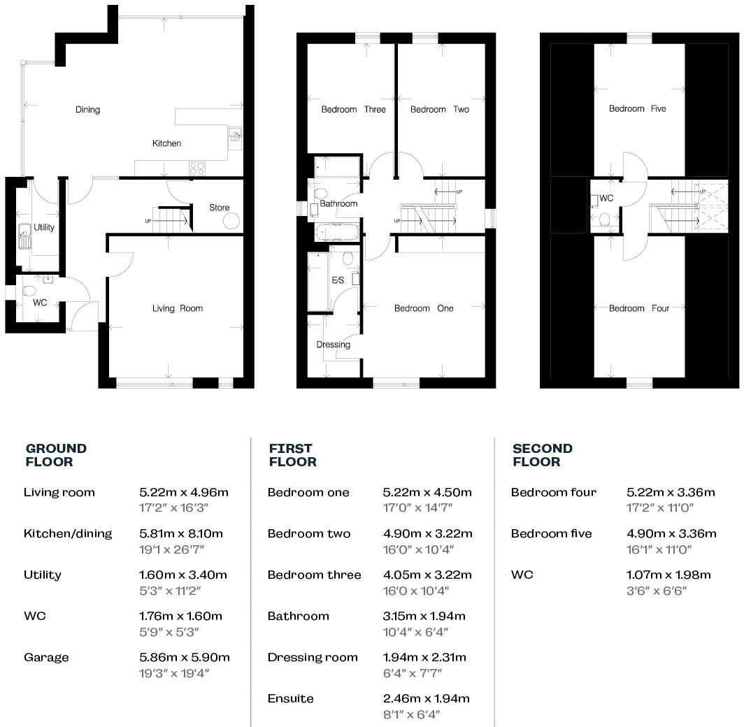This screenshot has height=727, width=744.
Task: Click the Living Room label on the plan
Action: (178, 308)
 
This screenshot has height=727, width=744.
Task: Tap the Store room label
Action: (220, 208)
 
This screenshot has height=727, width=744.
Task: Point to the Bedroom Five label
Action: (637, 109)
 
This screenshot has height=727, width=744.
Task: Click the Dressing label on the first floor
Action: (333, 345)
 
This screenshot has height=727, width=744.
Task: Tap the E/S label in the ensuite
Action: (338, 280)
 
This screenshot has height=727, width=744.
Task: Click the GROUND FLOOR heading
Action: (56, 455)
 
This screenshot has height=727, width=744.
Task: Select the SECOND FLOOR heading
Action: (542, 455)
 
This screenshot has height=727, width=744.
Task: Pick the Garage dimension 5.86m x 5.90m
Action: (185, 657)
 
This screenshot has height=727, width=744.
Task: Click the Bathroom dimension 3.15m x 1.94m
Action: (424, 616)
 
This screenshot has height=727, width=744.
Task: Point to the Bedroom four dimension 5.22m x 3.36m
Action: (671, 492)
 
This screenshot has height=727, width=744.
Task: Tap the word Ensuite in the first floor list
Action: (290, 698)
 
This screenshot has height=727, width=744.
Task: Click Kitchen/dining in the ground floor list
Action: (68, 533)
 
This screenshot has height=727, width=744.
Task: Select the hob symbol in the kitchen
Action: (197, 168)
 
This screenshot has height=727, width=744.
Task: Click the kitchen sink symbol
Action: (235, 136)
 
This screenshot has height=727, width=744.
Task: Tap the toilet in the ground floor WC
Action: (29, 291)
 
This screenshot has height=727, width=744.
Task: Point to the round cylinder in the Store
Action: (231, 221)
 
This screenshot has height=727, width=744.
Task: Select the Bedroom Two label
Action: (439, 110)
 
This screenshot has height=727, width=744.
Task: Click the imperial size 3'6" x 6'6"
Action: (657, 591)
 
